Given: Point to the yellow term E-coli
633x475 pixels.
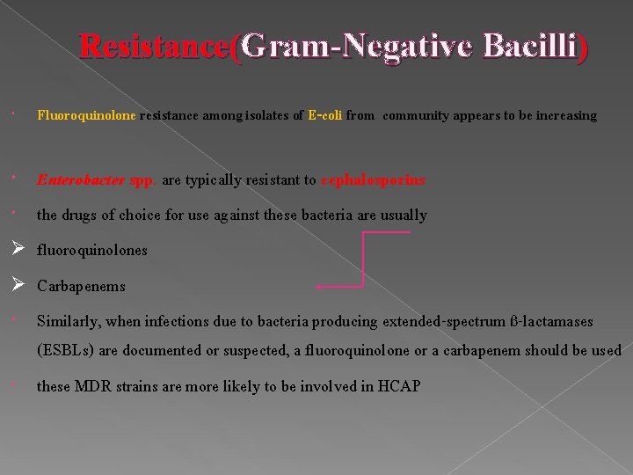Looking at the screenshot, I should pos(325,115).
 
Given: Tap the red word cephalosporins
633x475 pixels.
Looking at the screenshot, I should pos(373,180).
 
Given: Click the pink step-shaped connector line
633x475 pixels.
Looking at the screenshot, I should pos(363,259).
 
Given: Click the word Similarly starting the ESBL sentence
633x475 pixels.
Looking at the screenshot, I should pos(68,323).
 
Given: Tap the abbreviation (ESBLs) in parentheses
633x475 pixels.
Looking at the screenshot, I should pos(65,351).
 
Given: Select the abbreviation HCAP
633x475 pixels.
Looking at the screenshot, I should pos(399,386).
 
